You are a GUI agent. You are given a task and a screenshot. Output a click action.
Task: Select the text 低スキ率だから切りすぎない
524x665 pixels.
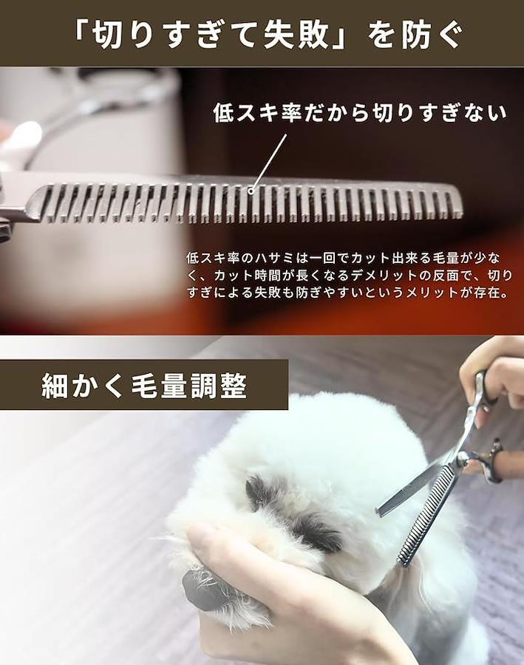click(360, 113)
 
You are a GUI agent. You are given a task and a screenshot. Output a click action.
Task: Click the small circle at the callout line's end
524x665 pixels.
click(251, 191)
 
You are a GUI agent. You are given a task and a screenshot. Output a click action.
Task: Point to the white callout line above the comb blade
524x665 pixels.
click(269, 162)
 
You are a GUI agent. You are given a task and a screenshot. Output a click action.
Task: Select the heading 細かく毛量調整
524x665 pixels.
click(144, 386)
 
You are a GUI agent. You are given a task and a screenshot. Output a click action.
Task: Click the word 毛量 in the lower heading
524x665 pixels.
click(159, 386)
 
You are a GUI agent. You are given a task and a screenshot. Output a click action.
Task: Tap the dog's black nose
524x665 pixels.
click(200, 589)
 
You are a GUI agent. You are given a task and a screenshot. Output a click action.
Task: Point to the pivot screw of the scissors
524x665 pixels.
click(463, 457)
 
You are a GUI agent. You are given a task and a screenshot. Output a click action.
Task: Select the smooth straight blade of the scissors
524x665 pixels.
click(412, 488)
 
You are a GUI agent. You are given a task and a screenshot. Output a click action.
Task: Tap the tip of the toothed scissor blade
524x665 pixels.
click(402, 563)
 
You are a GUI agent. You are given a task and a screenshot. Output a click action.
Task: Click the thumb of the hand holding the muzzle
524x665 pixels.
click(212, 535)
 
